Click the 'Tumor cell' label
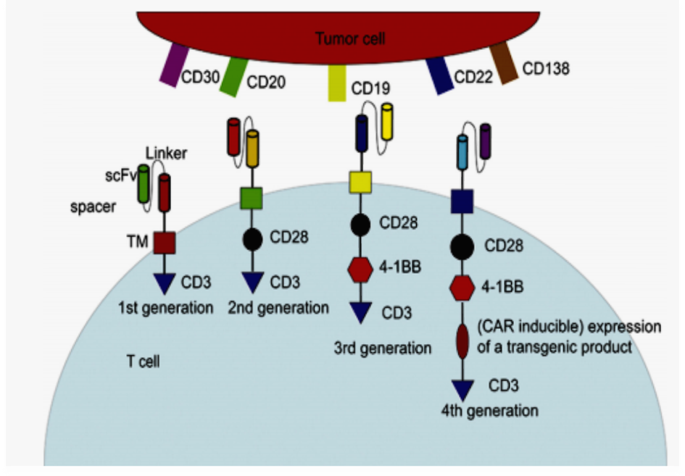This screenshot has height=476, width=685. click(349, 38)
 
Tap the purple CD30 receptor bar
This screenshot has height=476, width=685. click(174, 65)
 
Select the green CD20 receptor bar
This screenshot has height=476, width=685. click(233, 75)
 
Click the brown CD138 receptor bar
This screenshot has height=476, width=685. click(503, 62)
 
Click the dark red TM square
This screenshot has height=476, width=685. click(165, 243)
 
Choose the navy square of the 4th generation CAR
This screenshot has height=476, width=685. click(463, 201)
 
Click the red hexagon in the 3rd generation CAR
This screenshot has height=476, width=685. click(360, 270)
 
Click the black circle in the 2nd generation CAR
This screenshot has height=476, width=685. click(251, 238)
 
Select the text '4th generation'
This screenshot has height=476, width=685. click(489, 411)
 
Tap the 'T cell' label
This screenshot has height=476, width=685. click(142, 360)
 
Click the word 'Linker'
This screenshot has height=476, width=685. click(167, 153)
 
